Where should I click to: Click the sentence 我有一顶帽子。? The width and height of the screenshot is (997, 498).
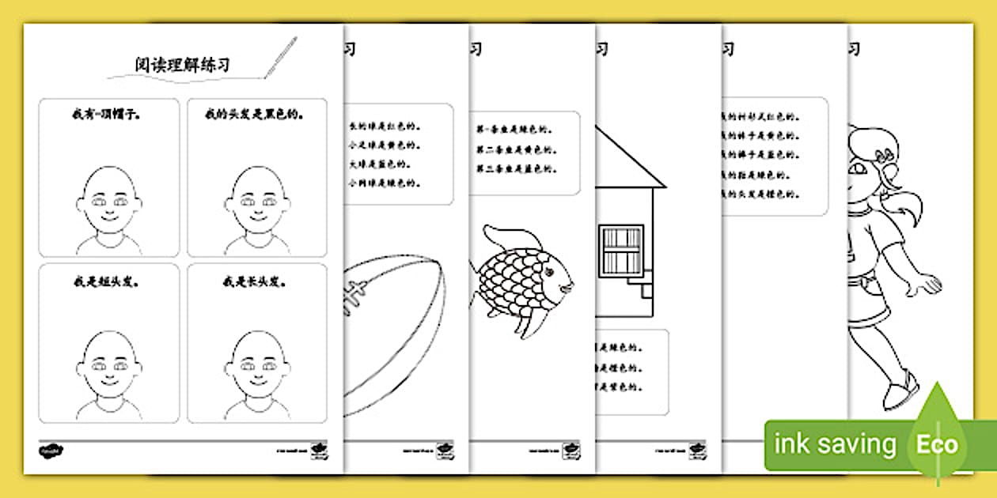(x=111, y=115)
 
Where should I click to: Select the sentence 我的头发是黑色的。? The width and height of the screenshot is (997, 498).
(x=256, y=115)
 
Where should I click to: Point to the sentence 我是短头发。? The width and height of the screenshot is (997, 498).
(x=111, y=281)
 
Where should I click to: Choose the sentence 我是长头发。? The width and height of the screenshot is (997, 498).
(x=256, y=281)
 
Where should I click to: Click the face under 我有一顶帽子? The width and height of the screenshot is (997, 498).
(x=111, y=202)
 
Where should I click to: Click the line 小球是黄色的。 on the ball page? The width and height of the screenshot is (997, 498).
(x=384, y=145)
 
